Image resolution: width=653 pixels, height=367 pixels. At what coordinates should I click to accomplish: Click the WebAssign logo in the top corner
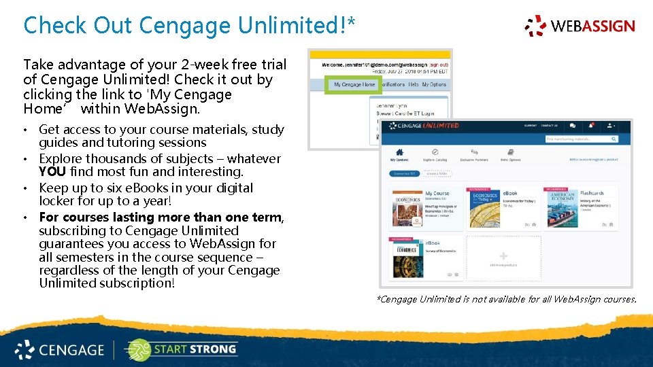(x=580, y=26)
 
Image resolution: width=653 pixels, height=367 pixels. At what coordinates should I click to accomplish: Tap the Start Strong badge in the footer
(x=181, y=349)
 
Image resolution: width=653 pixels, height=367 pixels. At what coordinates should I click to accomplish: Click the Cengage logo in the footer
(x=60, y=350)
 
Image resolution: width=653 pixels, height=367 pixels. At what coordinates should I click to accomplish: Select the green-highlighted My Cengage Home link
(x=354, y=85)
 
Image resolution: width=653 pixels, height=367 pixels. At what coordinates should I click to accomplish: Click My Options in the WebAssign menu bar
(x=434, y=85)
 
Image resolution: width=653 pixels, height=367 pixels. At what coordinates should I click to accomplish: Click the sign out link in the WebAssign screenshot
(x=439, y=65)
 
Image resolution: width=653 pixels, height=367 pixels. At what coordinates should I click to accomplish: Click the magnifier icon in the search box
(x=614, y=139)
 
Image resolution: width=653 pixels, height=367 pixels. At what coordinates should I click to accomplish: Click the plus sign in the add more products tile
(x=503, y=256)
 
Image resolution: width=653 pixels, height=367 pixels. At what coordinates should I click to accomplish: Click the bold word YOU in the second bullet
(x=52, y=172)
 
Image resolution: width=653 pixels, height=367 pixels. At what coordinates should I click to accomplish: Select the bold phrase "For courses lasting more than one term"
(x=160, y=217)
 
